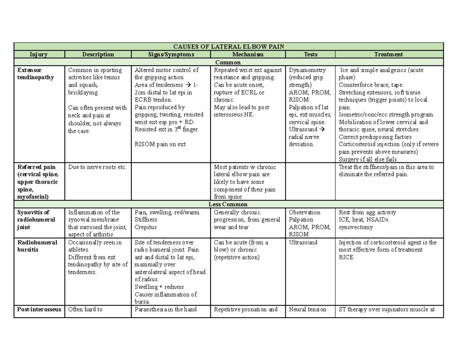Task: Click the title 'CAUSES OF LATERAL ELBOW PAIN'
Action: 228,47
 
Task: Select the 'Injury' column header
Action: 39,54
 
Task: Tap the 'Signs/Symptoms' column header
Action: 170,54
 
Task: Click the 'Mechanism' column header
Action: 247,54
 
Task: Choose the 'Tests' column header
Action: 310,54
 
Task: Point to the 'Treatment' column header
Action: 389,54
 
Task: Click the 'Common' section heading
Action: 228,62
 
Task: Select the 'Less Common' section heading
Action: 228,204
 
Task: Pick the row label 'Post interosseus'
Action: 39,310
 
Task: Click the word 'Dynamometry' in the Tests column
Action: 307,70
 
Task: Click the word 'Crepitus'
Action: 146,227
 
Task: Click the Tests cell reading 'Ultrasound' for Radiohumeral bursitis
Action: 303,242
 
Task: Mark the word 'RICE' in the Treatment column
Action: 346,257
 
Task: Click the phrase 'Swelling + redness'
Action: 159,287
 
